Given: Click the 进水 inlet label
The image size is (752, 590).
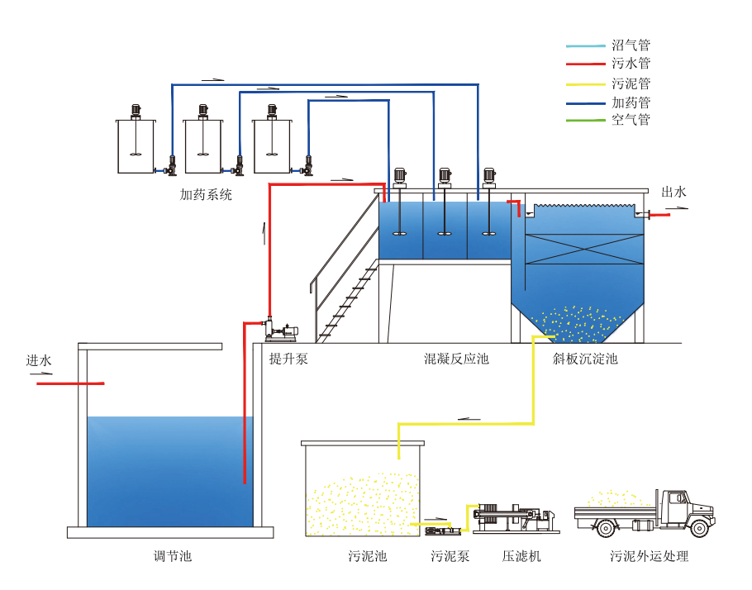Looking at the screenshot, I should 39,360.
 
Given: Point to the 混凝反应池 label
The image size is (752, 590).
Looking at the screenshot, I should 456,359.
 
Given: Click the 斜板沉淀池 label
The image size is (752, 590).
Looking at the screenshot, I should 585,359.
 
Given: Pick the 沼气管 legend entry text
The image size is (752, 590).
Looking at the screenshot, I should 631,45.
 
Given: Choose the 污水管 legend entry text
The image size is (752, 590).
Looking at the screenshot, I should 631,64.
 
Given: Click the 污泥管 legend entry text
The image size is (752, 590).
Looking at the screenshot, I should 631,83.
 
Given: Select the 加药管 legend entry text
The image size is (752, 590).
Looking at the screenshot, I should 631,102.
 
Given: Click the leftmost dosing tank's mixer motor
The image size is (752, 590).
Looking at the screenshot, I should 135,111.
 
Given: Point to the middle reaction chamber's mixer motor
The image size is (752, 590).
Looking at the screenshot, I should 445,175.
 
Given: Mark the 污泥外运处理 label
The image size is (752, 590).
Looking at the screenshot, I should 649,556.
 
